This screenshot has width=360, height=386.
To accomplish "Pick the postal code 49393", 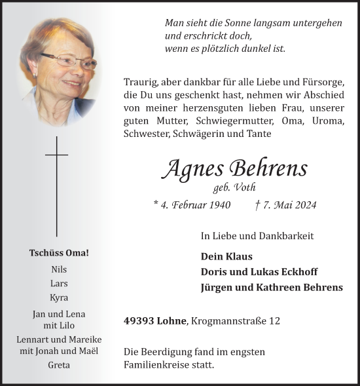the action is tap(139, 321).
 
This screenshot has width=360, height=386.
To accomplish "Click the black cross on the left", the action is tap(56, 186).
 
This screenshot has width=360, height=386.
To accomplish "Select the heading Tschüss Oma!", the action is tap(58, 253).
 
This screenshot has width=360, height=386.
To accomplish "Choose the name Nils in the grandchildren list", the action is tap(58, 269).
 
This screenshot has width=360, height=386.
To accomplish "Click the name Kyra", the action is tap(58, 298).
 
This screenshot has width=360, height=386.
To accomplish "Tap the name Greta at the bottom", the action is tap(58, 365).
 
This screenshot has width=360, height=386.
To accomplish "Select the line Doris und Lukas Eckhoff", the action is tap(259, 272).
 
